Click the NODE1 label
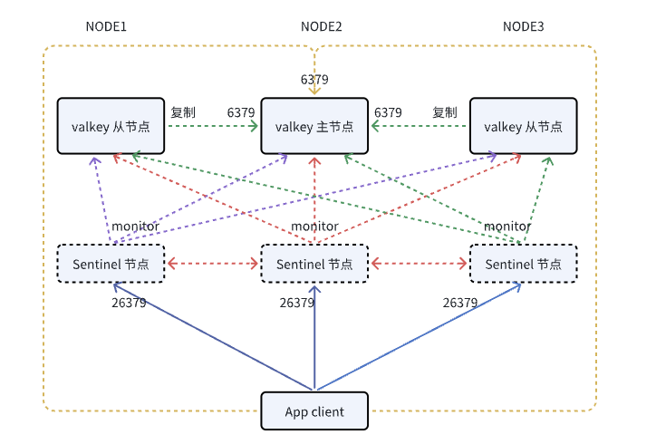point(106,26)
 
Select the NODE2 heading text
point(321,26)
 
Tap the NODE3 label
point(524,26)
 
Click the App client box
point(314,411)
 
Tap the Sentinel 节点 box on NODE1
point(110,264)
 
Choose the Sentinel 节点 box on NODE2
point(314,264)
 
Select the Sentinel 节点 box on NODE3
point(523,264)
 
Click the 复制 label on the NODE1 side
point(183,112)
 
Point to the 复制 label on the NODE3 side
point(444,112)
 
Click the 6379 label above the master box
point(314,80)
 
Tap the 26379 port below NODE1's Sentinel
point(129,303)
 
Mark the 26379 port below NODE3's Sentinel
point(460,303)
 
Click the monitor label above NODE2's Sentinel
point(314,226)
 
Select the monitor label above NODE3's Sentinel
point(506,226)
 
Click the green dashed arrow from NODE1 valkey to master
point(212,127)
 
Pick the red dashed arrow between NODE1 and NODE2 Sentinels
point(212,264)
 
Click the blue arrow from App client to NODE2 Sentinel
point(314,344)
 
